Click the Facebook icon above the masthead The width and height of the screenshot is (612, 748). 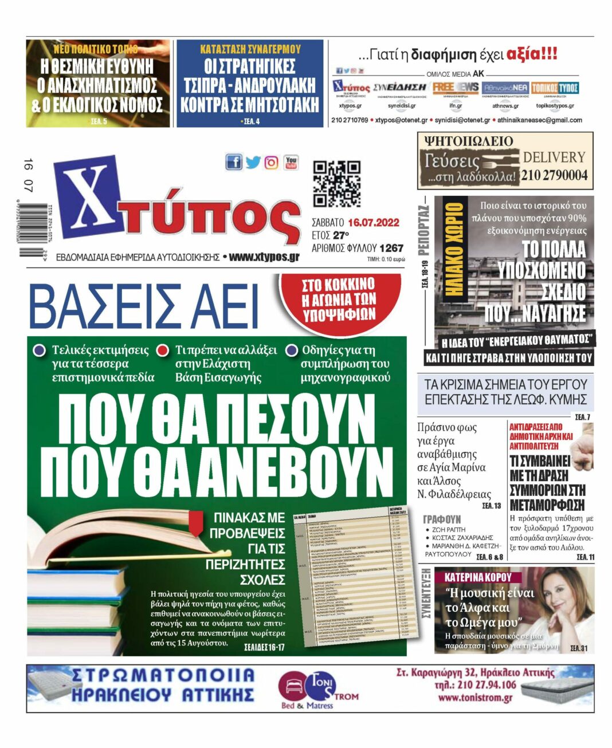234,162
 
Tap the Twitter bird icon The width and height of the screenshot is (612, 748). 253,163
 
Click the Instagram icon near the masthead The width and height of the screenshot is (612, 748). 272,163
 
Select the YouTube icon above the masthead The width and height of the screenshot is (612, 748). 291,163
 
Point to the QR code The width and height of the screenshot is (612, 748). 336,184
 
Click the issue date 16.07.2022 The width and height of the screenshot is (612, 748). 373,223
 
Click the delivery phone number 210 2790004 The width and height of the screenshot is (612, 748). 554,176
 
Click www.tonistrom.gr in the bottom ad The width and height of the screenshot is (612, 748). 475,698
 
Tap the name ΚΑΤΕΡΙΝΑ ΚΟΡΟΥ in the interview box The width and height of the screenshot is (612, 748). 478,577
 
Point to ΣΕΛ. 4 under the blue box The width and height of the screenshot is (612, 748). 250,121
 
